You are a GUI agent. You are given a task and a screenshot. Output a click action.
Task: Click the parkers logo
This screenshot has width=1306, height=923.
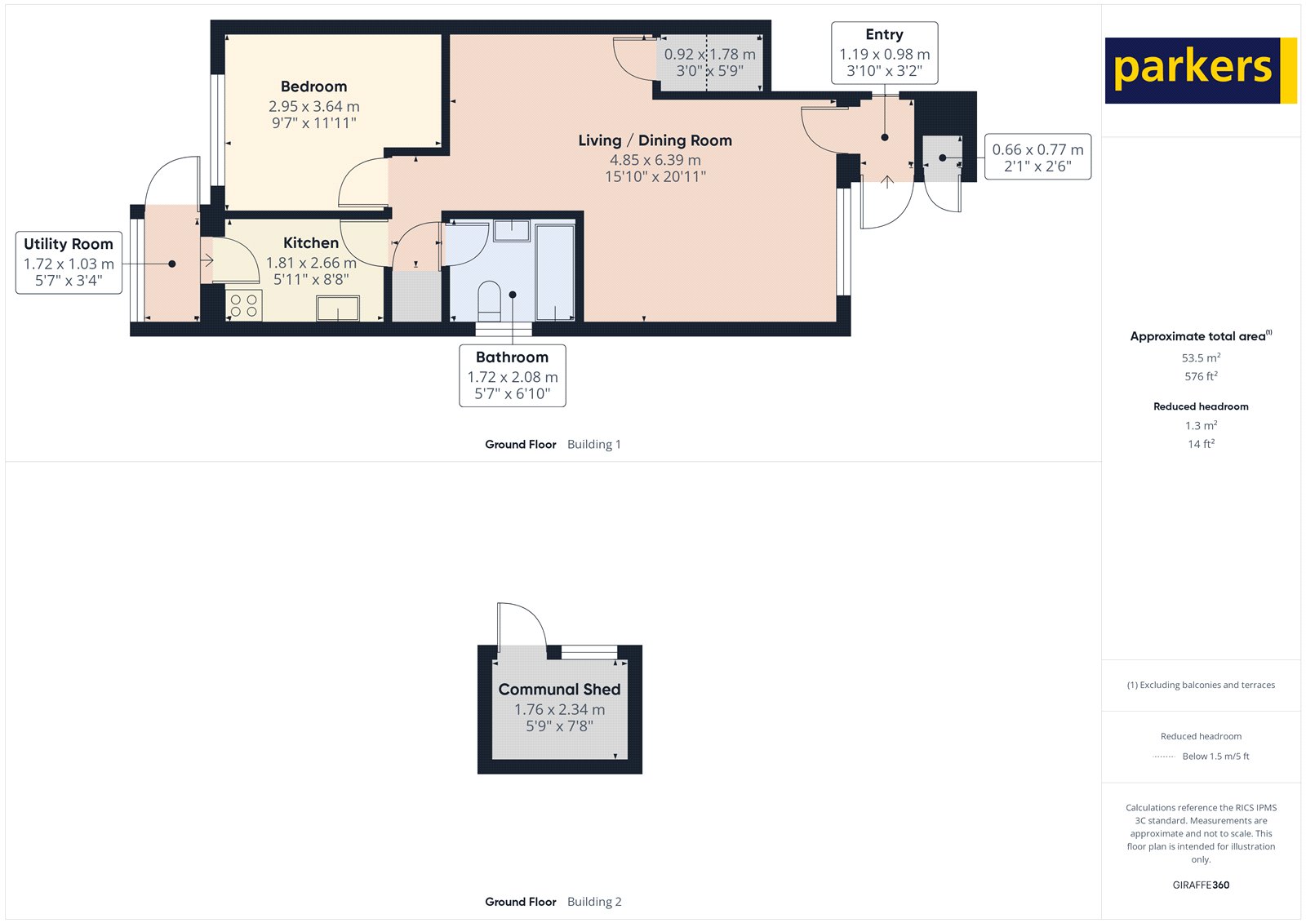[x=1200, y=70]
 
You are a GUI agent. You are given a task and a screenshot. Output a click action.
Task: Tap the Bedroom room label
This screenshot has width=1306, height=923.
[x=313, y=87]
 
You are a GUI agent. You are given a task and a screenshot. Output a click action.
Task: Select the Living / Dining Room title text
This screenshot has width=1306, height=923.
[x=655, y=140]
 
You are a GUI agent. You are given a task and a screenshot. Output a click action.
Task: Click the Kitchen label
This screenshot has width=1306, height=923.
[x=310, y=243]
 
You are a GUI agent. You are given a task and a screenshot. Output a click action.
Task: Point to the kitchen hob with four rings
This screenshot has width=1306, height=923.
[x=243, y=305]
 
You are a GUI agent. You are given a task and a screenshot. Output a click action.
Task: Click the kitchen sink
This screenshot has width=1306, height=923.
[x=338, y=308]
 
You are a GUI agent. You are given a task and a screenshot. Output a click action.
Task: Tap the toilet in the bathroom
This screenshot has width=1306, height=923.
[x=489, y=300]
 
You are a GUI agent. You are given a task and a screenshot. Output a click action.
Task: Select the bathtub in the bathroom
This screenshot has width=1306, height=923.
[x=555, y=272]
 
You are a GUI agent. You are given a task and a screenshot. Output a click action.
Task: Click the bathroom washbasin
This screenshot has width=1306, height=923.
[x=512, y=230]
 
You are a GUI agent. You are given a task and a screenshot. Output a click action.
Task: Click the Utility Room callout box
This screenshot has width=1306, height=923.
[x=69, y=262]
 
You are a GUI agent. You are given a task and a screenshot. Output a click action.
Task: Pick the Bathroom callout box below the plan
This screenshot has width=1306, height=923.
[x=512, y=375]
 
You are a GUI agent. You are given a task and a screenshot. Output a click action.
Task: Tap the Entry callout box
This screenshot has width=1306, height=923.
[x=884, y=52]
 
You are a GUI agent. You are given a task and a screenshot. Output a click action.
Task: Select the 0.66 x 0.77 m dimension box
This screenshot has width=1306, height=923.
[x=1037, y=157]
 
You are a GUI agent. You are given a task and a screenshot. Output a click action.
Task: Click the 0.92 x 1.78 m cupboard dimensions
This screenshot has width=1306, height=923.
[x=709, y=62]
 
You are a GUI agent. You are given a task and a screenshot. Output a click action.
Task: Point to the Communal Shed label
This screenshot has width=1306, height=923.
[x=559, y=690]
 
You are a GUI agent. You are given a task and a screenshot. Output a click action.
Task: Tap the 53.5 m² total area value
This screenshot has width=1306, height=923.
[x=1201, y=357]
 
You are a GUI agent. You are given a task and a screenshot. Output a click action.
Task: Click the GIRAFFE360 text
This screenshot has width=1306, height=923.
[x=1201, y=885]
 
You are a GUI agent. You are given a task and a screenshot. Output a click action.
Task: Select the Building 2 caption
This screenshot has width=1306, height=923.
[x=594, y=902]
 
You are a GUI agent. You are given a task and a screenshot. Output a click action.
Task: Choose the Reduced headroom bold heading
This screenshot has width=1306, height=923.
[x=1201, y=406]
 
